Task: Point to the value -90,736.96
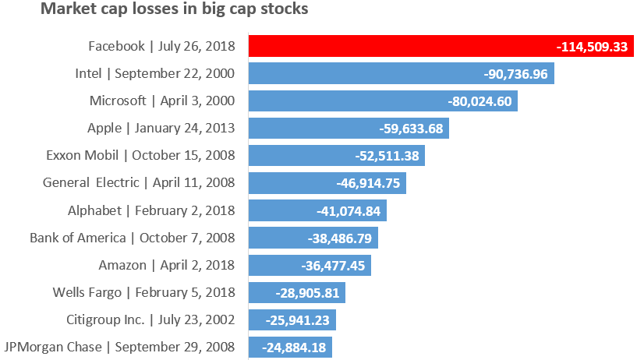click(x=516, y=74)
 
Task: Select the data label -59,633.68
click(x=411, y=129)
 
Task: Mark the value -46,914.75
click(x=368, y=183)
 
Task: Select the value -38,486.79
click(x=340, y=238)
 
